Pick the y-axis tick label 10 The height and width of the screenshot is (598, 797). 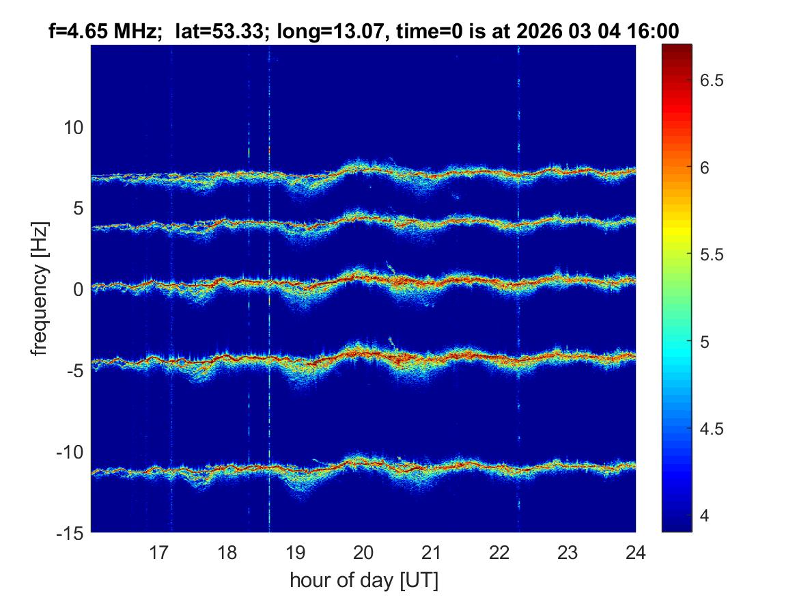click(x=73, y=127)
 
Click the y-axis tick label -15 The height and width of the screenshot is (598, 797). click(x=70, y=532)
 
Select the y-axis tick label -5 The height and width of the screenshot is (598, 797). click(x=73, y=370)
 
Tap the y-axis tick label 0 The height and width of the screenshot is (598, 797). click(x=78, y=289)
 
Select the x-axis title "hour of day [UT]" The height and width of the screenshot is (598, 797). click(x=363, y=581)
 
